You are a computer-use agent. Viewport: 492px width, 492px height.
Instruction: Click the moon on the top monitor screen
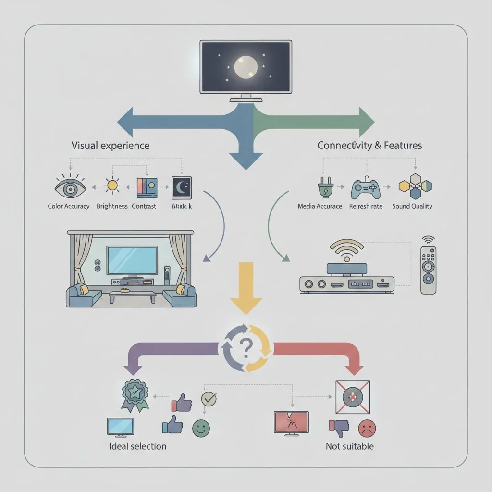pyautogui.click(x=246, y=68)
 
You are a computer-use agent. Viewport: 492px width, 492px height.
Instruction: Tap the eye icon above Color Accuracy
pyautogui.click(x=71, y=188)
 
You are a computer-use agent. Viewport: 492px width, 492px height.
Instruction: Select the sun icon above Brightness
pyautogui.click(x=113, y=185)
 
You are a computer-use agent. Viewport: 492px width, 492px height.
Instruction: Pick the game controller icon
pyautogui.click(x=366, y=189)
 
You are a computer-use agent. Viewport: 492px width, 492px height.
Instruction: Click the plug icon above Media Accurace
pyautogui.click(x=322, y=188)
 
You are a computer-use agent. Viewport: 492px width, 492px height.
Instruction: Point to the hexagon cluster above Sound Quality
pyautogui.click(x=416, y=186)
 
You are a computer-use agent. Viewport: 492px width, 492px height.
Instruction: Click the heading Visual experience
pyautogui.click(x=110, y=145)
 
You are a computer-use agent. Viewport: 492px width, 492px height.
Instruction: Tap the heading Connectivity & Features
pyautogui.click(x=369, y=145)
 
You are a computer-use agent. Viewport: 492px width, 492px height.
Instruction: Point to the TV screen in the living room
pyautogui.click(x=132, y=260)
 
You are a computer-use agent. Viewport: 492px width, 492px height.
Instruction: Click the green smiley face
pyautogui.click(x=201, y=428)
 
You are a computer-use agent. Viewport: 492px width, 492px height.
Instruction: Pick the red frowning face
pyautogui.click(x=367, y=428)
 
